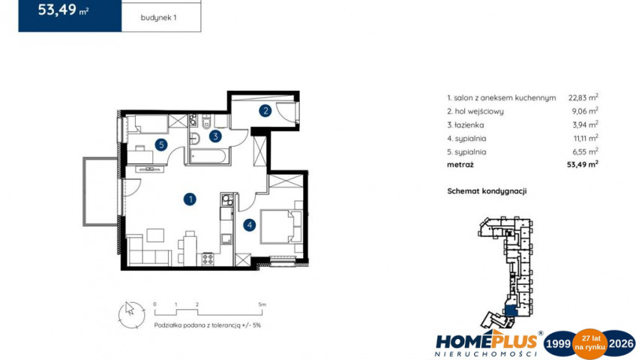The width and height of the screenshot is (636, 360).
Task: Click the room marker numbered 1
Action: tap(190, 199)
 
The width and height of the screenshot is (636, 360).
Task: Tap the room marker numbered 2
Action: tap(265, 110)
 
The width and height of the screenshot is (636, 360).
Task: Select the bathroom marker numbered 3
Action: tap(215, 136)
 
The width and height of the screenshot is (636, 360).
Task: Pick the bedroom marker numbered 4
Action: tap(250, 225)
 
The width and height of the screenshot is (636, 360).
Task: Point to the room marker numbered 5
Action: tap(161, 144)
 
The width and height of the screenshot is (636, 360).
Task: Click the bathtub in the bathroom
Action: tap(208, 157)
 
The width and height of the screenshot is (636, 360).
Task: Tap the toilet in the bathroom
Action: tap(206, 121)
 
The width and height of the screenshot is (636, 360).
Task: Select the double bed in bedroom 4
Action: tap(280, 226)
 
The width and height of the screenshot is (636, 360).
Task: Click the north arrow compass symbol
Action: tap(131, 315)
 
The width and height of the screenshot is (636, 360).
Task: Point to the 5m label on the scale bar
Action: tap(262, 304)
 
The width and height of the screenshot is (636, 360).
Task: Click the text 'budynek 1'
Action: tap(158, 17)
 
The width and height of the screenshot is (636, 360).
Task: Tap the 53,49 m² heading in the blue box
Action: tap(63, 9)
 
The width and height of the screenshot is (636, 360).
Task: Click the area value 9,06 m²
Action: tap(585, 111)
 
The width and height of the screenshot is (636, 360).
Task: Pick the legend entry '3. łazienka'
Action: tap(466, 124)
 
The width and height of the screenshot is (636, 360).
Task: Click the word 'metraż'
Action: tap(460, 164)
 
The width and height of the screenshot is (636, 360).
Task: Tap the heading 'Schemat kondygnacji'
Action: tap(487, 191)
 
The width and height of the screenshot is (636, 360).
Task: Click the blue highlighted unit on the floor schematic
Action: tap(510, 310)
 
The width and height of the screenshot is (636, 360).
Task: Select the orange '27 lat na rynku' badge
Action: tap(589, 343)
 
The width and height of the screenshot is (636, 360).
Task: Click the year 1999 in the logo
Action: tap(558, 343)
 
